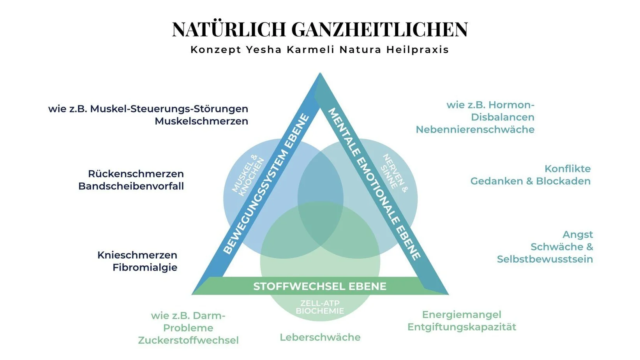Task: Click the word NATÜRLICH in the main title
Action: [229, 30]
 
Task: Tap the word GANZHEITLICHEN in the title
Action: [379, 30]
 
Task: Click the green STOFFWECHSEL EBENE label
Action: [320, 286]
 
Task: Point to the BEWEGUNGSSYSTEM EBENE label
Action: [266, 184]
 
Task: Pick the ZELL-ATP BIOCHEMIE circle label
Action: [320, 307]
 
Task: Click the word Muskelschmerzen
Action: [201, 121]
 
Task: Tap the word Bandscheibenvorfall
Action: [131, 186]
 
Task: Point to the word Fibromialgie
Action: [145, 268]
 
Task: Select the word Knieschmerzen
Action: [137, 255]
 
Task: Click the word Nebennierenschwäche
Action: [475, 130]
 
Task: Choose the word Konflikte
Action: [568, 169]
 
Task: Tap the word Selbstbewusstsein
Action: [545, 259]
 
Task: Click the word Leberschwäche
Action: [320, 337]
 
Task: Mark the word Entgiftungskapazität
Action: [462, 327]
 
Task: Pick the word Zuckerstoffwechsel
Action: [188, 341]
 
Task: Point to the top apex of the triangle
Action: [320, 74]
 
